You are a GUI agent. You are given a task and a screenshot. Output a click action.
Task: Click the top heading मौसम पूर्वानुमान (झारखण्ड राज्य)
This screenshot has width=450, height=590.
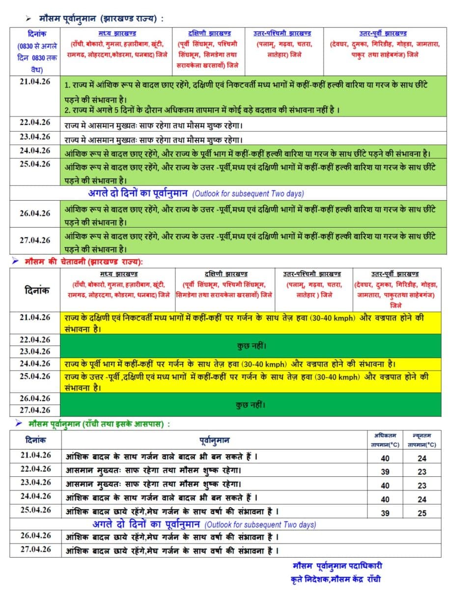click(x=101, y=18)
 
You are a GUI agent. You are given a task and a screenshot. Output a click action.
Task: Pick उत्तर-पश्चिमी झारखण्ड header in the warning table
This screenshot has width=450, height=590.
click(x=312, y=274)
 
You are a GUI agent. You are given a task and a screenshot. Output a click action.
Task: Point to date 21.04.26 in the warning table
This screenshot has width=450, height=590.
click(x=35, y=318)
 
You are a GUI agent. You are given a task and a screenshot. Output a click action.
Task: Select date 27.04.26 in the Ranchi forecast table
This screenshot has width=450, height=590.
click(x=35, y=549)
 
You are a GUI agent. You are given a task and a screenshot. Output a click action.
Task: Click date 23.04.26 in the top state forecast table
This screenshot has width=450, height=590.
click(x=35, y=137)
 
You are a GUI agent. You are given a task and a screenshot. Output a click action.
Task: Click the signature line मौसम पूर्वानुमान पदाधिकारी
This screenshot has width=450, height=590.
click(x=337, y=566)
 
